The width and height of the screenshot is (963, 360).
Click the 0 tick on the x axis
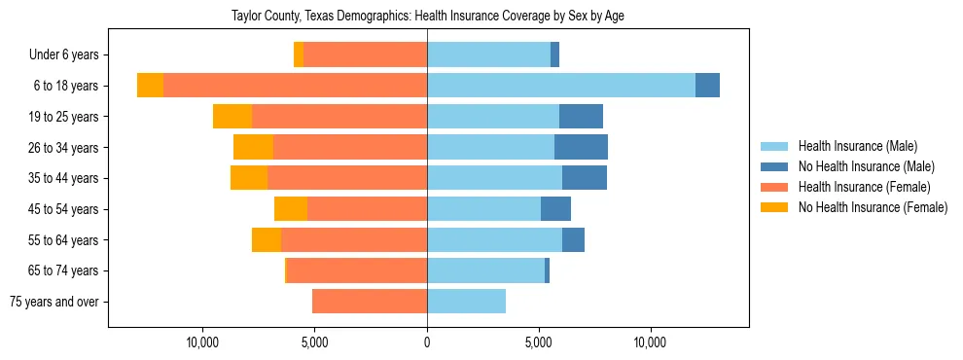427,343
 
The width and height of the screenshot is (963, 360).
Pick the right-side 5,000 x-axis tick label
539,343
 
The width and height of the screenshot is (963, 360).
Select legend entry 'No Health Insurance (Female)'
873,207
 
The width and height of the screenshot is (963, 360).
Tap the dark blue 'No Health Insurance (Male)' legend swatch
775,166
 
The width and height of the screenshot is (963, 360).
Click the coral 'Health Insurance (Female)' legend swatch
775,187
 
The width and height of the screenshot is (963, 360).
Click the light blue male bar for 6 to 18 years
561,86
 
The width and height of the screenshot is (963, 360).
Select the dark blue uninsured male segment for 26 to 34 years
581,147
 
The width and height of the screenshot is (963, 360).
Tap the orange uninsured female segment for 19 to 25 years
232,117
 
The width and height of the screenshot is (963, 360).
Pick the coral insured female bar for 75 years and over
370,302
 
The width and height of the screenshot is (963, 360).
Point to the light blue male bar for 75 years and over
466,302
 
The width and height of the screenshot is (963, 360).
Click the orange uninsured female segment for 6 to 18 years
150,86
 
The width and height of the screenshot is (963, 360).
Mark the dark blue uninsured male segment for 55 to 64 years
573,239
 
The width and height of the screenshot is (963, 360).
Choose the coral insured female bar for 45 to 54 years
367,209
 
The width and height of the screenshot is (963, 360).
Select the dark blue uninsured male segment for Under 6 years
554,55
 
